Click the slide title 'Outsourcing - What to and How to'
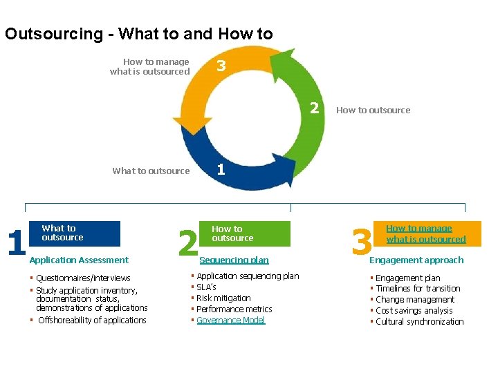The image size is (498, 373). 138,34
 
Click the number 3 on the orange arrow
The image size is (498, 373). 221,66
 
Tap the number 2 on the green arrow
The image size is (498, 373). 314,108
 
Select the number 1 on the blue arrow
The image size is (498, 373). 220,169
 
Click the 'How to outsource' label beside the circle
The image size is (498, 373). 373,110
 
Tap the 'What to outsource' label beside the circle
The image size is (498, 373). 151,171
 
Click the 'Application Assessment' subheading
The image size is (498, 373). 79,260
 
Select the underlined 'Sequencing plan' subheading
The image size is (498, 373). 234,260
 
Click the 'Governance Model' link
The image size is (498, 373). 231,320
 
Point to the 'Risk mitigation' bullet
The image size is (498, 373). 223,298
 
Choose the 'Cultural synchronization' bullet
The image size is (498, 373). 419,321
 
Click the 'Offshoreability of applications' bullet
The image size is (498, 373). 92,320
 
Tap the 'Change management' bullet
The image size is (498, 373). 415,299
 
